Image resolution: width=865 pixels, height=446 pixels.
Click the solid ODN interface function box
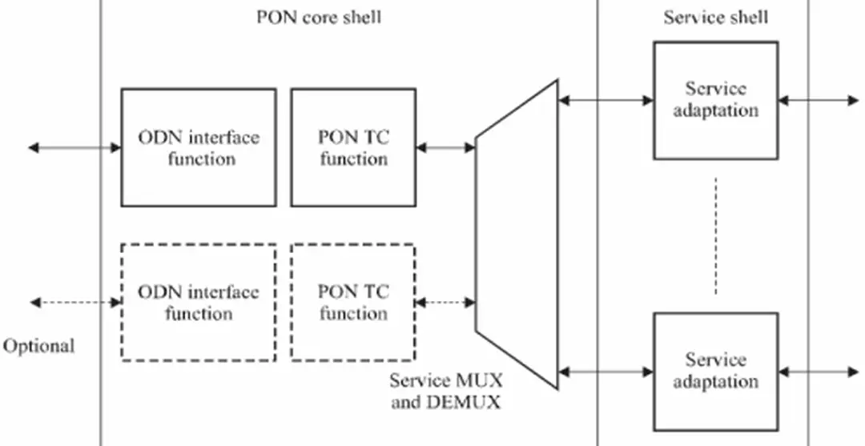click(x=199, y=147)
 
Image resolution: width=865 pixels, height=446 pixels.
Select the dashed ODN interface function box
click(x=199, y=302)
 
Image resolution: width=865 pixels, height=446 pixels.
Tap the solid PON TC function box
click(x=353, y=147)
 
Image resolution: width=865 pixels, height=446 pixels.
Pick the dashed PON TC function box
click(x=353, y=302)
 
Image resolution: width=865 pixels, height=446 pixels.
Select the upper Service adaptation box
click(x=715, y=100)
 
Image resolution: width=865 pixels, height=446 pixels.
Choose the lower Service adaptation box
click(x=715, y=371)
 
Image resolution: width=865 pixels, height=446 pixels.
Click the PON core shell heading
click(x=319, y=17)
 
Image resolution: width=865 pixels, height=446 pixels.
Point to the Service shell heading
click(x=715, y=17)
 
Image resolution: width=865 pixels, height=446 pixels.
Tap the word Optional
click(x=38, y=346)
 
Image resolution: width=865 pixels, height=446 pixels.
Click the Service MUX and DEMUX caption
click(x=446, y=391)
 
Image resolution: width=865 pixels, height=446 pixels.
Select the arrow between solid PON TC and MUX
click(x=446, y=147)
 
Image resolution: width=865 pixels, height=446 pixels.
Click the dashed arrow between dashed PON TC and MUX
click(x=446, y=302)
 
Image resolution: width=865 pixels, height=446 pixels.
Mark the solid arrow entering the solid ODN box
click(x=74, y=147)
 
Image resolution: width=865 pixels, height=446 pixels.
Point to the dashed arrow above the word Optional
click(x=74, y=302)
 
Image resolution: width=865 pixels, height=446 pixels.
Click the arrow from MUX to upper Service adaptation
click(x=605, y=100)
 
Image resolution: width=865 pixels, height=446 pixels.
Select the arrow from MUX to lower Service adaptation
click(x=605, y=372)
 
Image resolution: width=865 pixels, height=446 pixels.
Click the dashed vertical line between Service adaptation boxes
click(x=715, y=235)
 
